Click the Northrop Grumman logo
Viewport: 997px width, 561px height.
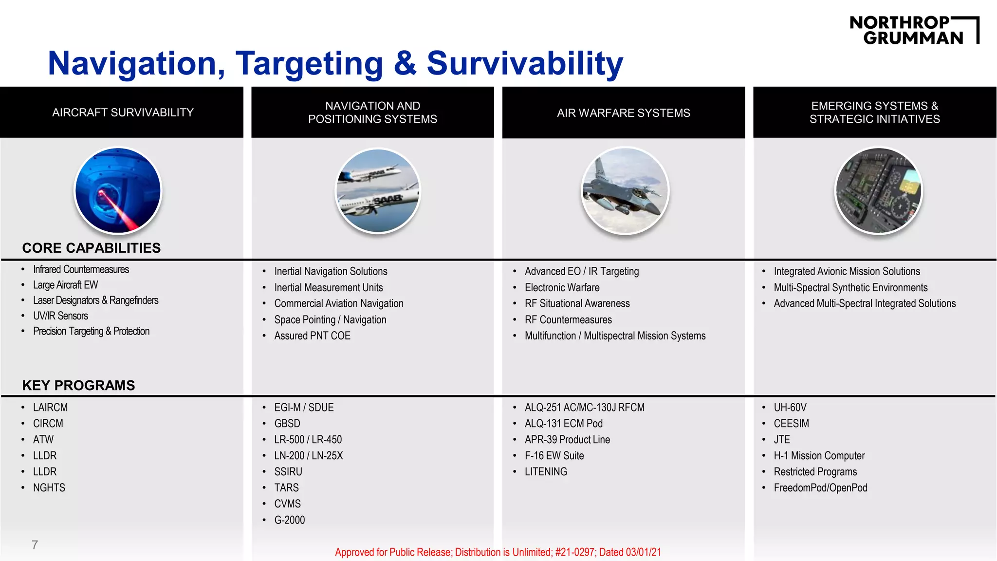click(914, 30)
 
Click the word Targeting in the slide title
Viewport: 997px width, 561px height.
click(310, 64)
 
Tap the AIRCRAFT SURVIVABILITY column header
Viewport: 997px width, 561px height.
click(123, 112)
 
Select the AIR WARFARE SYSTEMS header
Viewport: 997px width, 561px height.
click(623, 113)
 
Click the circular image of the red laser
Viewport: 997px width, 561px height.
click(118, 190)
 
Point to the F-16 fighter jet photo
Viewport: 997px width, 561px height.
click(625, 190)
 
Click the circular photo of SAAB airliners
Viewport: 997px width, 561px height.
click(378, 190)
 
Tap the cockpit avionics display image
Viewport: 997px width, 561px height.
click(878, 190)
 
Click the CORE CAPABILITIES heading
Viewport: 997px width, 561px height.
click(92, 248)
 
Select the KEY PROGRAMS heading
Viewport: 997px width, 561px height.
click(78, 385)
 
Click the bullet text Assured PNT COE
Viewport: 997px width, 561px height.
click(312, 336)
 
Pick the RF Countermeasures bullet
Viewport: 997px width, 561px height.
click(568, 319)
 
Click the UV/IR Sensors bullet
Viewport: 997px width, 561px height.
click(60, 316)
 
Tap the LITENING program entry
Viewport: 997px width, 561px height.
click(546, 471)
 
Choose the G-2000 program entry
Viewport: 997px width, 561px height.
click(289, 520)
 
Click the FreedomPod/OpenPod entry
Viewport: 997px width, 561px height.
click(820, 487)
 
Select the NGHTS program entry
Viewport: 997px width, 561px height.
click(49, 487)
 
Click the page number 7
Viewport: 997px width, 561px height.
click(35, 545)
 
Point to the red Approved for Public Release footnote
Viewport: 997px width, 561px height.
click(498, 552)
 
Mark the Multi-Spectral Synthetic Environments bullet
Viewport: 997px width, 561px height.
click(850, 287)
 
